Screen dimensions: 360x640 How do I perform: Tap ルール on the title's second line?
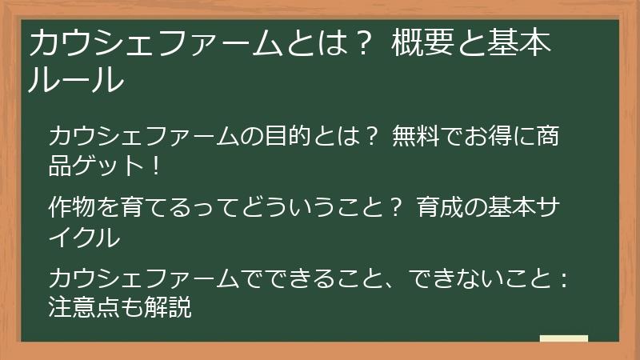(x=77, y=80)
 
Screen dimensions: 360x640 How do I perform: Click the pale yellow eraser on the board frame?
(x=563, y=339)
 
